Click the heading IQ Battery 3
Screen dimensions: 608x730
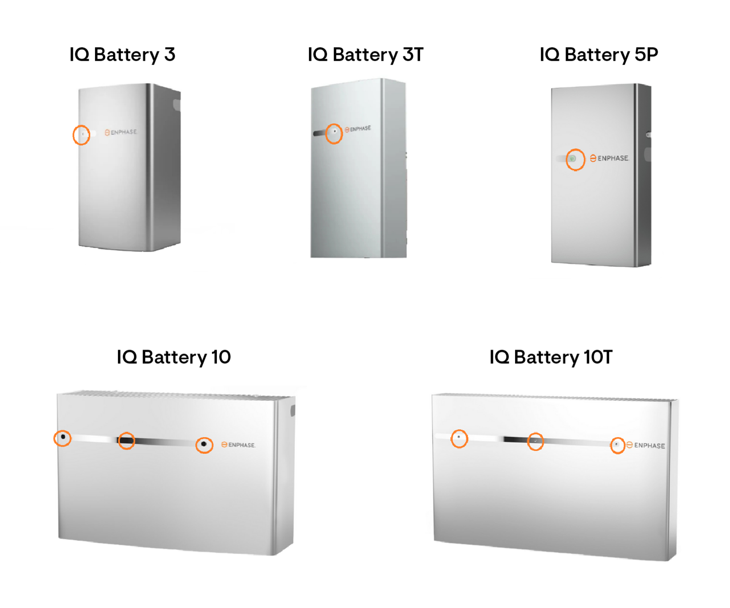click(122, 55)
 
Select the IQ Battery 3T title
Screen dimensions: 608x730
click(365, 55)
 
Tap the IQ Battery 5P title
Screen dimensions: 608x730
click(599, 55)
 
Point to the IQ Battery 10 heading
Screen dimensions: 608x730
click(174, 357)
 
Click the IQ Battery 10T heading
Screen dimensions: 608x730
click(551, 357)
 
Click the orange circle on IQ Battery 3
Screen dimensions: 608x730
click(81, 134)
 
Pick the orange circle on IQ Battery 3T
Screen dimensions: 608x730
click(334, 132)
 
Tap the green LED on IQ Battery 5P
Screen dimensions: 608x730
click(573, 159)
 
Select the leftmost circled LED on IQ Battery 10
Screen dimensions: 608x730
click(63, 437)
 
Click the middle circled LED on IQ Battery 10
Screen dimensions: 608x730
click(127, 441)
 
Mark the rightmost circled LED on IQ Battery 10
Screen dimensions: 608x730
click(204, 444)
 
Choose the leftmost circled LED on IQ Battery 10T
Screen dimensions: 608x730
click(459, 438)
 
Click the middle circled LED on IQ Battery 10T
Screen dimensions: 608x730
click(535, 441)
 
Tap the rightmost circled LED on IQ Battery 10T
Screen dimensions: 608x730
click(617, 444)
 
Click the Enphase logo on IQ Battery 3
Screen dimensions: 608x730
click(121, 132)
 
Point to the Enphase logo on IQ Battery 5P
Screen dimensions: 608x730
click(609, 158)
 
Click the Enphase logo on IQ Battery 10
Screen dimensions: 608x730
click(238, 445)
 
